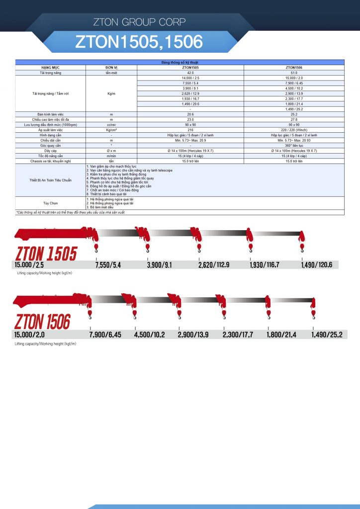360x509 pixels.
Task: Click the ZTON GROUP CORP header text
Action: pyautogui.click(x=139, y=22)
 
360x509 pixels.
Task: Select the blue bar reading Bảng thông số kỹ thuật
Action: pyautogui.click(x=180, y=62)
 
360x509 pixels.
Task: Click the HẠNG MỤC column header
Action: pyautogui.click(x=50, y=66)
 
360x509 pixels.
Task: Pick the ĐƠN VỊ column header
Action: pyautogui.click(x=111, y=66)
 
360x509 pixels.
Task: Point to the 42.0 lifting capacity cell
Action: pyautogui.click(x=190, y=73)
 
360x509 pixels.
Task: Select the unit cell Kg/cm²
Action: pyautogui.click(x=111, y=131)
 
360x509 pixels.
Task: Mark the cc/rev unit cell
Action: pyautogui.click(x=111, y=124)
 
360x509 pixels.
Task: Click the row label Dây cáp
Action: pyautogui.click(x=50, y=150)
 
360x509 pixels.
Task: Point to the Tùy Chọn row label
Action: pyautogui.click(x=50, y=203)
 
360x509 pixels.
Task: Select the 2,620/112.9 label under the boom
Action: pyautogui.click(x=214, y=265)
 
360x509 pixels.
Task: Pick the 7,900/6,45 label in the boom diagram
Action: pyautogui.click(x=105, y=335)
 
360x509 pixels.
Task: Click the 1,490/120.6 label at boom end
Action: pyautogui.click(x=317, y=265)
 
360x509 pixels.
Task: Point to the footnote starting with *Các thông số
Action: pyautogui.click(x=71, y=212)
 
